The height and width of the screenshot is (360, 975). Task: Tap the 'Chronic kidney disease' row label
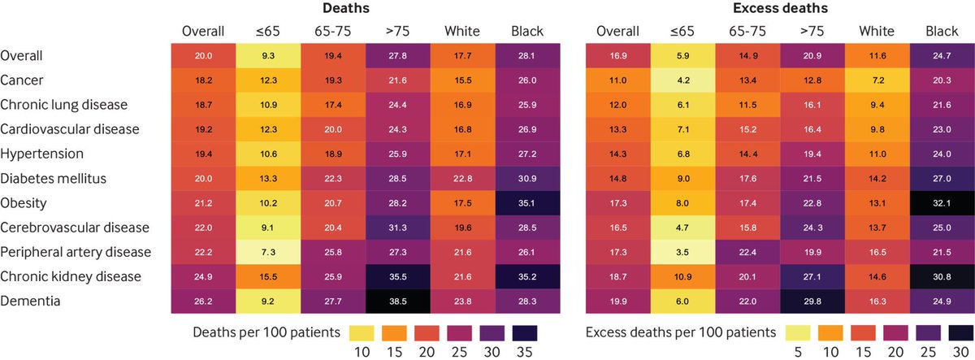pyautogui.click(x=71, y=276)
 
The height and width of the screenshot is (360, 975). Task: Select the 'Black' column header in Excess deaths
pyautogui.click(x=941, y=31)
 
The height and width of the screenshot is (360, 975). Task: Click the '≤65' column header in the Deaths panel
pyautogui.click(x=268, y=31)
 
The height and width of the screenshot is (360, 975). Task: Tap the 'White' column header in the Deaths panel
pyautogui.click(x=462, y=31)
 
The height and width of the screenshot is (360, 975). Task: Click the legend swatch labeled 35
pyautogui.click(x=526, y=332)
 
